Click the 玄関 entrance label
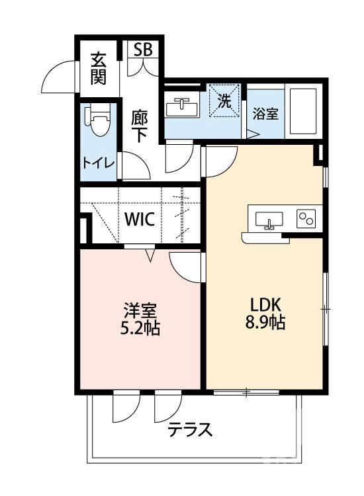(x=99, y=68)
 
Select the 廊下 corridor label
(x=139, y=126)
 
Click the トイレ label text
(x=99, y=163)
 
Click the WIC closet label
(x=140, y=220)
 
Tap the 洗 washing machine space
(x=225, y=102)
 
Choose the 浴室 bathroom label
(x=265, y=113)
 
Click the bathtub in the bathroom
(x=302, y=110)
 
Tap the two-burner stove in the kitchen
(x=306, y=218)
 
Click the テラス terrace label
(x=189, y=431)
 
